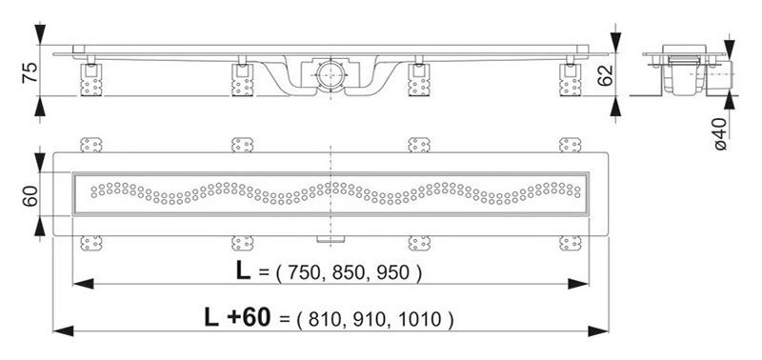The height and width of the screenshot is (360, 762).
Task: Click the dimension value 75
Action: pyautogui.click(x=30, y=72)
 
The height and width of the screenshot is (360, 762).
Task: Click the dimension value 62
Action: pyautogui.click(x=606, y=75)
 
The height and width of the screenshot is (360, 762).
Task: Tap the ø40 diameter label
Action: pyautogui.click(x=721, y=133)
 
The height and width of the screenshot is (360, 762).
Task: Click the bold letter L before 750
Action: pyautogui.click(x=243, y=271)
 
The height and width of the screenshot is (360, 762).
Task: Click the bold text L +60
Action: pyautogui.click(x=236, y=318)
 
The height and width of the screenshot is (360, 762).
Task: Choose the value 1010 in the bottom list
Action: pyautogui.click(x=419, y=320)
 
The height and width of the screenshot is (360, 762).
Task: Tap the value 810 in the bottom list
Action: pyautogui.click(x=325, y=320)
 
